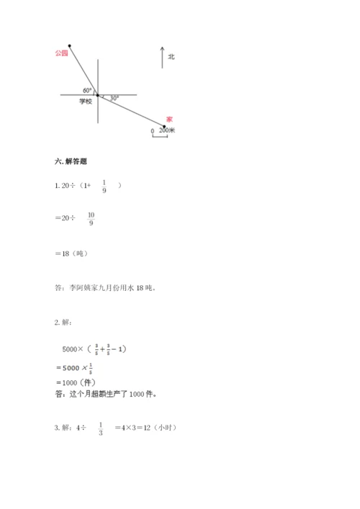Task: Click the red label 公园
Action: click(60, 53)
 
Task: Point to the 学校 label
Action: click(86, 102)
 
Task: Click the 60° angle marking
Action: click(87, 90)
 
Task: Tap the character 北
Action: click(171, 55)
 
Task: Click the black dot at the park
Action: click(69, 44)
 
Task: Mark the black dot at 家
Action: click(164, 127)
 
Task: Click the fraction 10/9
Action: click(91, 219)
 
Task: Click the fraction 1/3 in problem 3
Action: click(101, 428)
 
